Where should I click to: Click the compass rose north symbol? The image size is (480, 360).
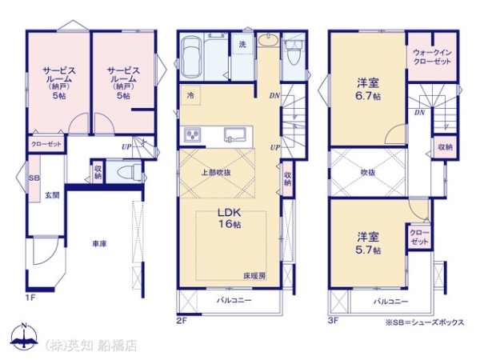click(x=24, y=336)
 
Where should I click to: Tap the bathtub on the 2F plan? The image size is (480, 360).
click(x=191, y=58)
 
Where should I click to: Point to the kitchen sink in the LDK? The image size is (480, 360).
click(x=234, y=134)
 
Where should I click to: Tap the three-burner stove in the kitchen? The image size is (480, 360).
click(x=192, y=135)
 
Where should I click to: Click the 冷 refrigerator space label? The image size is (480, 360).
click(x=190, y=95)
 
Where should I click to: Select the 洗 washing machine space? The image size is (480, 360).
click(x=242, y=44)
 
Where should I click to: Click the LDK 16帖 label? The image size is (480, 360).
click(x=230, y=218)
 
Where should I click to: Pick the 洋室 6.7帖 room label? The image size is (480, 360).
click(x=368, y=89)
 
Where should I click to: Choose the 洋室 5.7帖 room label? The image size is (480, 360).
click(x=368, y=243)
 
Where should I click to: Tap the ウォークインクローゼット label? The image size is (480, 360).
click(x=432, y=57)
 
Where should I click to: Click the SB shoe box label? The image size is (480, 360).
click(x=34, y=178)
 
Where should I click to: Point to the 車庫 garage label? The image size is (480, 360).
click(x=99, y=244)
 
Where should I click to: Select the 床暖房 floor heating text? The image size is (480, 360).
click(x=254, y=275)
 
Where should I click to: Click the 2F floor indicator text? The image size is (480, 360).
click(x=182, y=321)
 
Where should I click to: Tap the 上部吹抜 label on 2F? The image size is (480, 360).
click(x=216, y=172)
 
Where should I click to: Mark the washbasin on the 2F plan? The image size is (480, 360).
click(x=268, y=40)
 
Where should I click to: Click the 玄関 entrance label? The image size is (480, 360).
click(x=52, y=195)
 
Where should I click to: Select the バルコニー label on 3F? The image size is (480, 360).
click(x=390, y=302)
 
